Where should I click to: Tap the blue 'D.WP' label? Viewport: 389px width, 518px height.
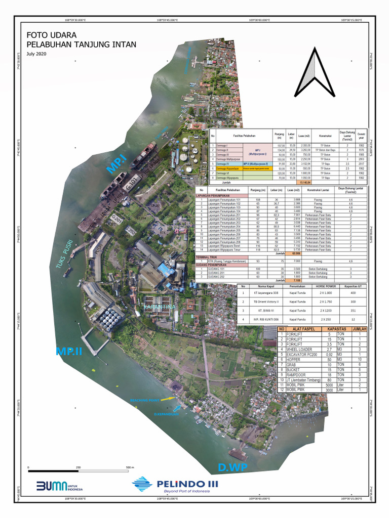232,467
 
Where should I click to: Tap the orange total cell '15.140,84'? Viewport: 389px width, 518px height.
305,183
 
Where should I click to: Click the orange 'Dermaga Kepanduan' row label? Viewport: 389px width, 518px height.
226,168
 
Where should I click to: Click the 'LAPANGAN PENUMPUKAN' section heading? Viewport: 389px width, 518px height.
217,195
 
